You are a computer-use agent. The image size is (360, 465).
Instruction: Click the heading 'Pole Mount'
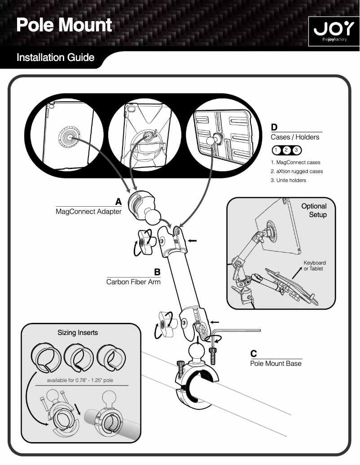pyautogui.click(x=64, y=25)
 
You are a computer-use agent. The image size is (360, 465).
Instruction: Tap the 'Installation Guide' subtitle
pyautogui.click(x=55, y=58)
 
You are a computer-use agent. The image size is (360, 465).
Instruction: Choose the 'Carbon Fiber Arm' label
pyautogui.click(x=133, y=282)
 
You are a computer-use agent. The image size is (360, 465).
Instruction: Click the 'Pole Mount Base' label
pyautogui.click(x=276, y=363)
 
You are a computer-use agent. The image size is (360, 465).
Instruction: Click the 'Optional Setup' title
pyautogui.click(x=314, y=210)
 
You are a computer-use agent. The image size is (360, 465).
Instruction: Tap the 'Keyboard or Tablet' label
pyautogui.click(x=315, y=265)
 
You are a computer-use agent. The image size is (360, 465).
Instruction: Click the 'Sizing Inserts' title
pyautogui.click(x=77, y=333)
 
